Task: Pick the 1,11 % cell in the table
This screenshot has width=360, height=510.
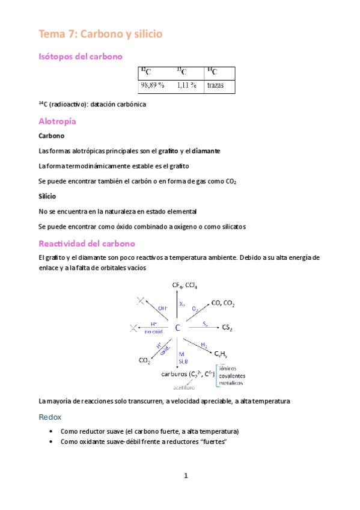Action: pos(186,85)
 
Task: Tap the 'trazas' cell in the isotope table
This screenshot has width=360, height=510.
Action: pos(215,85)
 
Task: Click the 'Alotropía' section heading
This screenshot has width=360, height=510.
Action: pos(57,121)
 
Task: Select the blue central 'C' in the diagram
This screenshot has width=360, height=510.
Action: pos(178,328)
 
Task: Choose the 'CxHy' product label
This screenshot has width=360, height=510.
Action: pos(222,354)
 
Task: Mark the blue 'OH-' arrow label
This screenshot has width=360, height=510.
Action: pos(163,308)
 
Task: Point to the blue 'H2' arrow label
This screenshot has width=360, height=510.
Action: pos(204,345)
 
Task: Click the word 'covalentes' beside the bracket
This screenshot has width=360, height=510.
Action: pos(236,376)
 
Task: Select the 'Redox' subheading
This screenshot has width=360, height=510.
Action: pos(50,416)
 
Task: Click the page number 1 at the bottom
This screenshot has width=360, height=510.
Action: pos(186,476)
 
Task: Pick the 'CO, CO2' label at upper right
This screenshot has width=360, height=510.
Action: pos(224,304)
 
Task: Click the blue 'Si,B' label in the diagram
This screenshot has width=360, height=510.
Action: pos(183,361)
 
